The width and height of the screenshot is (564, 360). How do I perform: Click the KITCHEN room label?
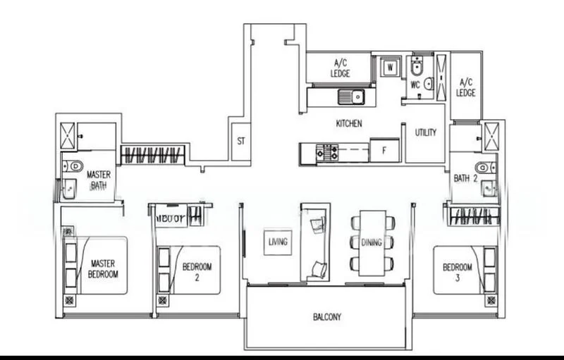pos(349,123)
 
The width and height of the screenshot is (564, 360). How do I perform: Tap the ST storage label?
pos(241,141)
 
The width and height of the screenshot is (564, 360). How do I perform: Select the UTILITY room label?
pos(425,132)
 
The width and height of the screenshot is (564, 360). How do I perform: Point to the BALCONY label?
pos(327,317)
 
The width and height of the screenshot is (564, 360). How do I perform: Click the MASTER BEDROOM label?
pos(104,268)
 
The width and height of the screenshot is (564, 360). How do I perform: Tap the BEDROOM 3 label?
pos(457,271)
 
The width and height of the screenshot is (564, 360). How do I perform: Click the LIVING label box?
pos(278,242)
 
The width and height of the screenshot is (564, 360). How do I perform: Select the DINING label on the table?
pos(372,242)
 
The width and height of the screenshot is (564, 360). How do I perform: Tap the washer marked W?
pos(388,68)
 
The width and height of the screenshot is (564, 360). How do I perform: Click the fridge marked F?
pos(384,150)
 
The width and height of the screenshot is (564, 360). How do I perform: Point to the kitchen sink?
pos(350,95)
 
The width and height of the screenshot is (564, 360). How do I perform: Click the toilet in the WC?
pos(417,68)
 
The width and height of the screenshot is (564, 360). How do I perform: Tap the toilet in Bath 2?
pos(482,168)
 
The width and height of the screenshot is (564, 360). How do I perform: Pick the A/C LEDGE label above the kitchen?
pos(338,68)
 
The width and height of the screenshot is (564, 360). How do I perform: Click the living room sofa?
pos(314,242)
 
